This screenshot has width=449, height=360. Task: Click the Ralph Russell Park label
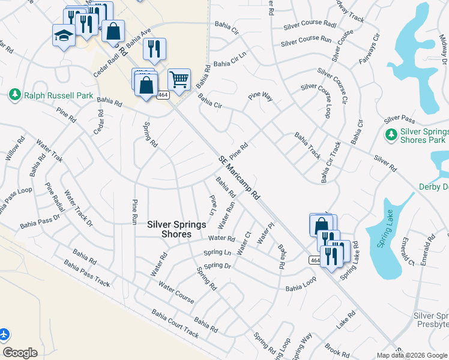pyautogui.click(x=59, y=95)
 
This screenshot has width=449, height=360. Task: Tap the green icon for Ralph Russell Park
pyautogui.click(x=15, y=95)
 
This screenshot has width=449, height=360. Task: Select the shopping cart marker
pyautogui.click(x=179, y=79)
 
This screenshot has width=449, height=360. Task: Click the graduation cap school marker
pyautogui.click(x=64, y=36)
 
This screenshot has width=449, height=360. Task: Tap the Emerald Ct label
pyautogui.click(x=408, y=252)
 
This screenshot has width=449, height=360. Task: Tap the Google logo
pyautogui.click(x=20, y=352)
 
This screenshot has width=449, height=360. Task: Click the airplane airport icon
pyautogui.click(x=4, y=334)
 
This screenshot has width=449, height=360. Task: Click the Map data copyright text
pyautogui.click(x=412, y=355)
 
